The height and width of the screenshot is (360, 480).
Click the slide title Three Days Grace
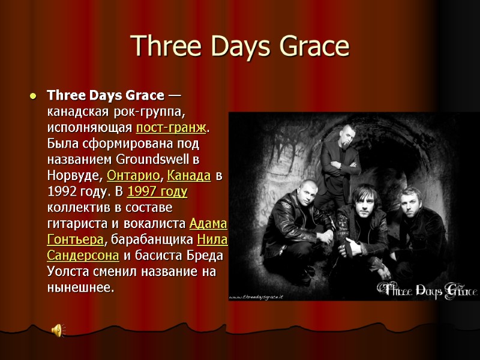point(239,46)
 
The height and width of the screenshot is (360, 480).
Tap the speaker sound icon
point(58,329)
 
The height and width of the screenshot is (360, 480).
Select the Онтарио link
point(133,176)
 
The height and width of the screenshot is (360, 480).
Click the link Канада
point(188,176)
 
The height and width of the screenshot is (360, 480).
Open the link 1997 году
point(157,192)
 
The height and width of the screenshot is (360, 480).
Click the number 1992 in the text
point(62,192)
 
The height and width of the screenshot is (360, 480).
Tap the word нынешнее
point(79,287)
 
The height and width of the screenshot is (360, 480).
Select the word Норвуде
point(74,176)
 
